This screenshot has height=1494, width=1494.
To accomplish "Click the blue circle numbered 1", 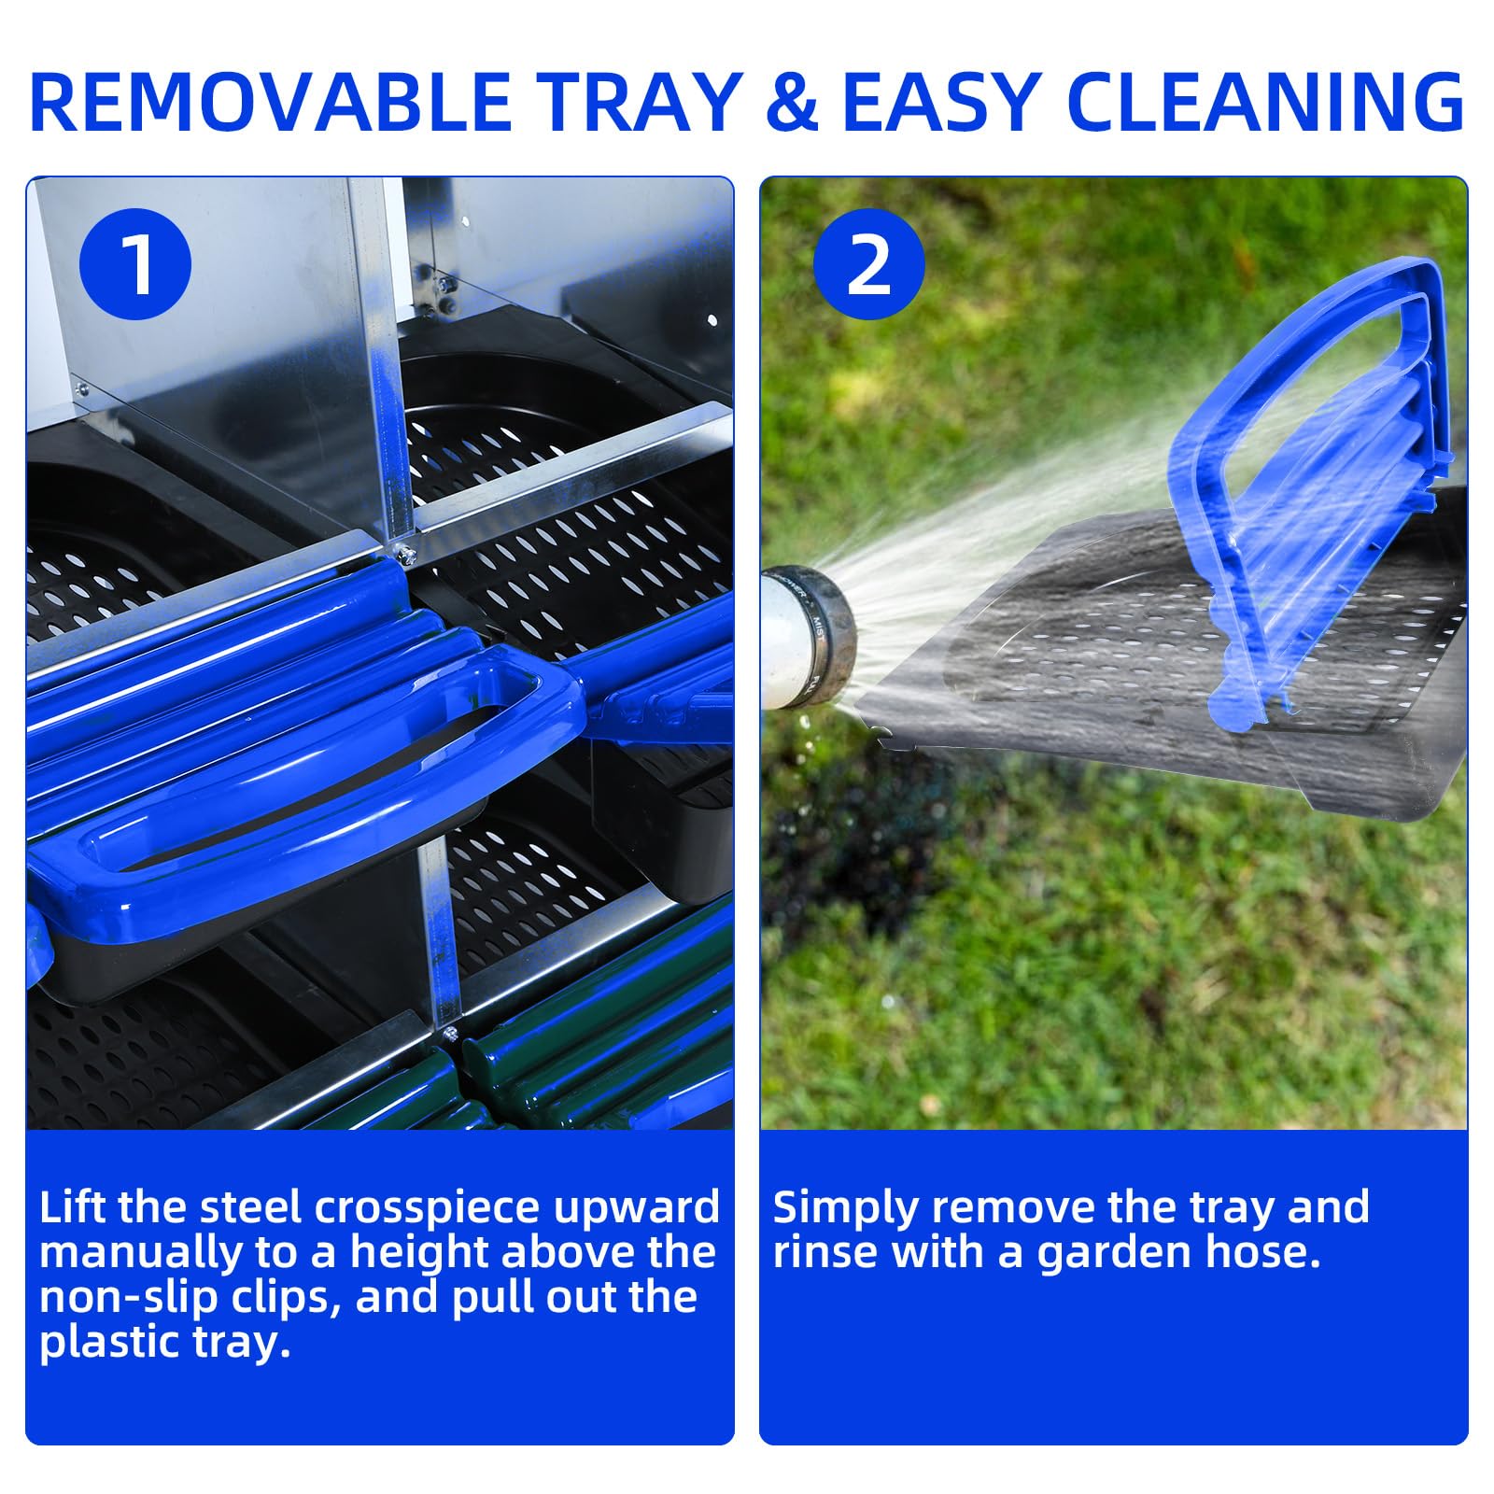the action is tap(135, 264).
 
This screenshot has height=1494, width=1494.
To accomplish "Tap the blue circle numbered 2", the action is tap(868, 264).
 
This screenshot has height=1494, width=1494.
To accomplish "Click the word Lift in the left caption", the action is tap(73, 1207).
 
